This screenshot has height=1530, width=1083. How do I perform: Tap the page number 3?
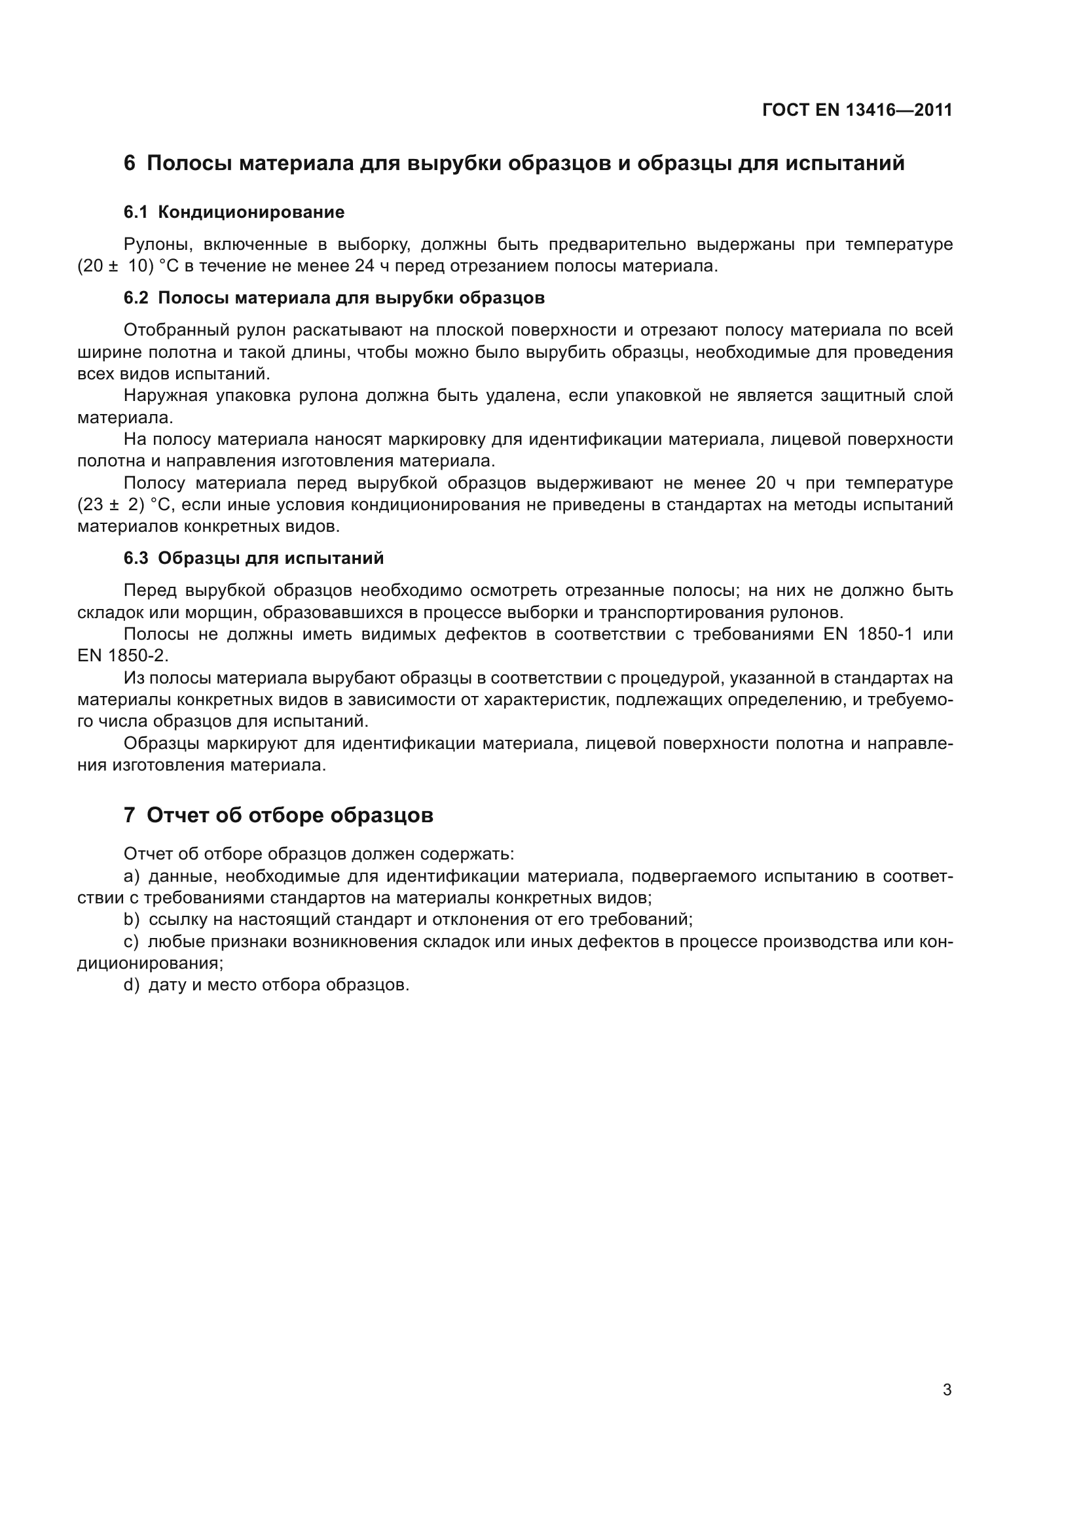(x=947, y=1389)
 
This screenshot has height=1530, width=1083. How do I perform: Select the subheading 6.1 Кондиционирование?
(x=234, y=213)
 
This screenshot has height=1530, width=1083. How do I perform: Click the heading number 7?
(x=130, y=815)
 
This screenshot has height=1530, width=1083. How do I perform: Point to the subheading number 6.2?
(x=136, y=298)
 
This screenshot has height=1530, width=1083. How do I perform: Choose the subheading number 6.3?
(x=136, y=558)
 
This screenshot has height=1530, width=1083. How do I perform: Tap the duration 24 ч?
(x=366, y=266)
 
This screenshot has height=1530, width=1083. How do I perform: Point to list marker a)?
(x=132, y=877)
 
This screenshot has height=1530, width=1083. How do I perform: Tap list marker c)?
(x=132, y=941)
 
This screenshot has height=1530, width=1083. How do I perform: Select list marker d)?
(x=132, y=985)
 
